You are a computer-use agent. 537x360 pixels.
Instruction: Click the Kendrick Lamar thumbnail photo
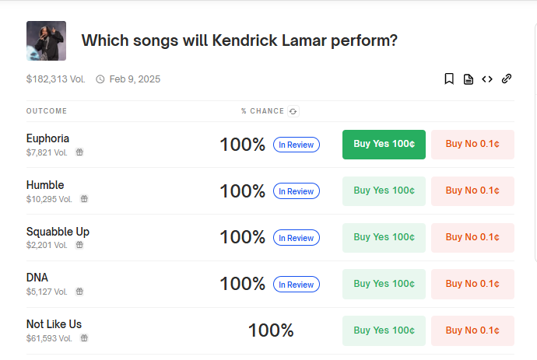(46, 40)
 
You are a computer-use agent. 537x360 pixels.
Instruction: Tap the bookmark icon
(449, 79)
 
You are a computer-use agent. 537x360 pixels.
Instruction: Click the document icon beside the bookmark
(469, 79)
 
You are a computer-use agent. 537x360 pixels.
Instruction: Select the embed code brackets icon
(487, 79)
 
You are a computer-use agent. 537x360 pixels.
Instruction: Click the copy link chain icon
(507, 79)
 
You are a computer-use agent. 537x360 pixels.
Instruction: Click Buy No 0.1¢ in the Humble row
(472, 191)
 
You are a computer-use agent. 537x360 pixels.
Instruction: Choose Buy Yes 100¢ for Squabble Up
(384, 237)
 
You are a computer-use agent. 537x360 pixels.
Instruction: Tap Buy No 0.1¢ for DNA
(472, 284)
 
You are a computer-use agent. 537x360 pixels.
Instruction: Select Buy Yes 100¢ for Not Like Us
(384, 330)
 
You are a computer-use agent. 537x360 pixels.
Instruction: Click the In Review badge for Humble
(297, 191)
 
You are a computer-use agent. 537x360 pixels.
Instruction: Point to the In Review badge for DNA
(297, 285)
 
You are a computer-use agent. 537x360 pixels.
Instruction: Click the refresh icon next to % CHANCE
(293, 111)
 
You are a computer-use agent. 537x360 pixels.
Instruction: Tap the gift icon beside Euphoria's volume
(79, 152)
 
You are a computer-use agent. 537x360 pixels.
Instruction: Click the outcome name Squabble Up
(58, 232)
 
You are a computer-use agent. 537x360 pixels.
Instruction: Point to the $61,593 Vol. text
(49, 338)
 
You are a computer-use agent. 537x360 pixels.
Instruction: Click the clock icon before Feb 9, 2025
(100, 79)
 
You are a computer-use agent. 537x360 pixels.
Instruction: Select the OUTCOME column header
(47, 111)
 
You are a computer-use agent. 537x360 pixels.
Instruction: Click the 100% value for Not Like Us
(271, 330)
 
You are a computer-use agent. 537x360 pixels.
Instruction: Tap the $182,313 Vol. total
(55, 79)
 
